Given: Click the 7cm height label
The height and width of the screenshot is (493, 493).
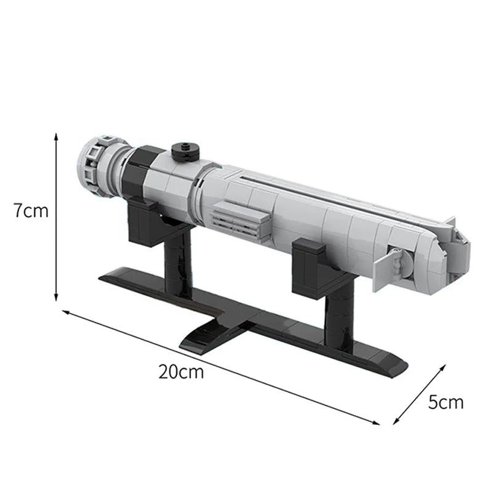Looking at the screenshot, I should click(31, 211).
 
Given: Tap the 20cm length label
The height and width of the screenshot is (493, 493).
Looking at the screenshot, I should click(181, 372).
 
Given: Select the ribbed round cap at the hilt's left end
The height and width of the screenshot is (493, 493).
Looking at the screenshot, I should click(92, 168).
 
